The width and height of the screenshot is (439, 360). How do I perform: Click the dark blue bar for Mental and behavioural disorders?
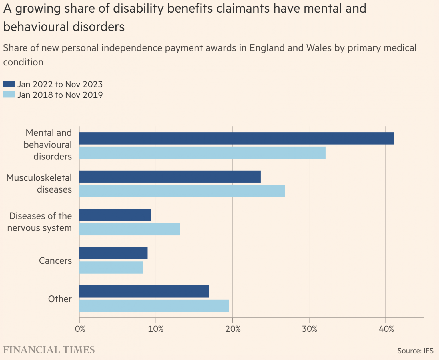(x=237, y=138)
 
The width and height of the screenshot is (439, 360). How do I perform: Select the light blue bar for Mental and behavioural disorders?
(x=202, y=153)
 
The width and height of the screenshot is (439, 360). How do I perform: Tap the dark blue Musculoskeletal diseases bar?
(x=170, y=177)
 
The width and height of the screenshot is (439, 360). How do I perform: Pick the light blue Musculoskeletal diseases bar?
(x=182, y=191)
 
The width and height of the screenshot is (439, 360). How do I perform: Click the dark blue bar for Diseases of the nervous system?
(x=115, y=215)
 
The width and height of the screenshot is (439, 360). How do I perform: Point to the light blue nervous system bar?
(x=129, y=229)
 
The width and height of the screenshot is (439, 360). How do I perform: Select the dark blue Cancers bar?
(x=113, y=253)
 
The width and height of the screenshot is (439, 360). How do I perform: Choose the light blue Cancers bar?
(x=111, y=267)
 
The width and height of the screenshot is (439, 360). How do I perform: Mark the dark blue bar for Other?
(x=144, y=291)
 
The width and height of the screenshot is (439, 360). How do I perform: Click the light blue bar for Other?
(x=154, y=306)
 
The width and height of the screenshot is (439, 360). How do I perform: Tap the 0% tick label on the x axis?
(x=80, y=329)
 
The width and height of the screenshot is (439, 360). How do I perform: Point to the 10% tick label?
(x=156, y=329)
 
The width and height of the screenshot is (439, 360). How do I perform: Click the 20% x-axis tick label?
(x=233, y=329)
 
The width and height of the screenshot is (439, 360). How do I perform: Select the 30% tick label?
(x=309, y=329)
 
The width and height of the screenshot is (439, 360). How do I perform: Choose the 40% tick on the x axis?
(x=386, y=329)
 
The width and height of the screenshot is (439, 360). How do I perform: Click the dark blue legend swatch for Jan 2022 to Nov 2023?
(x=9, y=84)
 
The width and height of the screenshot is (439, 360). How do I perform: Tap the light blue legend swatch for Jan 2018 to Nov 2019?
(x=9, y=95)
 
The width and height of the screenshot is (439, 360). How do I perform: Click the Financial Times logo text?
(x=49, y=350)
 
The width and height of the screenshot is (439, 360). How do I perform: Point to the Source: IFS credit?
(x=415, y=351)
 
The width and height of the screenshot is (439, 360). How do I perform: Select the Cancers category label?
(x=55, y=261)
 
